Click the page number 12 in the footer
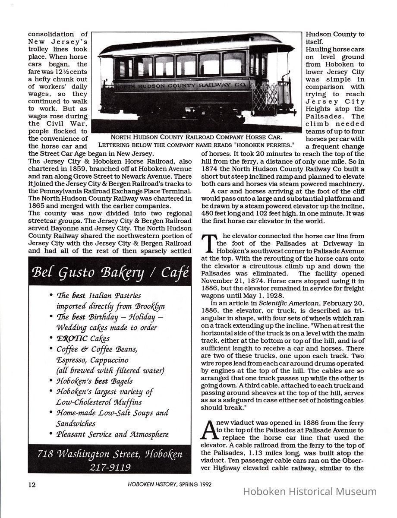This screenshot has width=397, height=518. (x=32, y=484)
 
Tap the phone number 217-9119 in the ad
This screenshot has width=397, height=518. (x=110, y=467)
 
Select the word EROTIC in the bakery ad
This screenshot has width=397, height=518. (x=72, y=338)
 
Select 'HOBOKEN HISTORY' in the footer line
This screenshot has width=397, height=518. (x=151, y=484)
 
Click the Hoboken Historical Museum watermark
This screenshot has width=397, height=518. (x=310, y=491)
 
